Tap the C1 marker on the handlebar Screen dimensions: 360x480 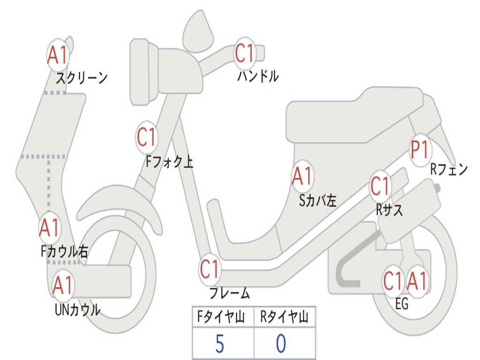point(244,53)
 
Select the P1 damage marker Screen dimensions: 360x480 point(420,150)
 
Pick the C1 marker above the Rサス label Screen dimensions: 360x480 point(380,186)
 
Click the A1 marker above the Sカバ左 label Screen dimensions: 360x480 point(302,177)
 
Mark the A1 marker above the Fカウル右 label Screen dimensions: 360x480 point(49,227)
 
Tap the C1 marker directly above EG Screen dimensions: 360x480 point(393,281)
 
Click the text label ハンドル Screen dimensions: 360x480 point(258,76)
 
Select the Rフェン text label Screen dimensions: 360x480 point(449,170)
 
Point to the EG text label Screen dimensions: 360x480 point(402,304)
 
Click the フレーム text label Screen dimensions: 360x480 point(229,294)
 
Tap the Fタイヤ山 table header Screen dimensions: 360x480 point(222,318)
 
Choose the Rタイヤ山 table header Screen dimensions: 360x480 point(284,318)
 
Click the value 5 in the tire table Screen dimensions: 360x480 point(219,344)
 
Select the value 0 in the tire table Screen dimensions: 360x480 point(281,344)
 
